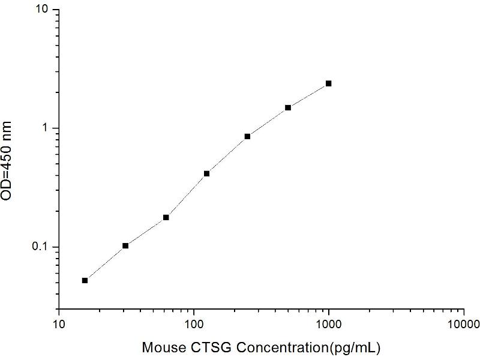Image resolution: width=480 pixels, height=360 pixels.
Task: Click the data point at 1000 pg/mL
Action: coord(329,83)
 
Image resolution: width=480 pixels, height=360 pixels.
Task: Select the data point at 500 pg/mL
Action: coord(288,107)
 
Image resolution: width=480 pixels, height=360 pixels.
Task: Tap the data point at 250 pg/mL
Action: coord(247,136)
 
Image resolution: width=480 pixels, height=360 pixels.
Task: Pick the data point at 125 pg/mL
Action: coord(206,173)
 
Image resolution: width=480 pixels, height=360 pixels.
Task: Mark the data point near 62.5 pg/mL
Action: coord(166,217)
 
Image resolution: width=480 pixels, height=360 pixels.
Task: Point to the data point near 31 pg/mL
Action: coord(125,245)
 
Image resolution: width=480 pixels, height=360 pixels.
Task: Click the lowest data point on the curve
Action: coord(85,280)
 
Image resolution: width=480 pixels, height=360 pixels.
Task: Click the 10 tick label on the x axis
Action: coord(59,325)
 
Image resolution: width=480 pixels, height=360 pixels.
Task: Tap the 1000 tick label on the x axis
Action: coord(329,325)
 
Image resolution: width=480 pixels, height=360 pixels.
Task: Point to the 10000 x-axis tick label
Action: coord(464,325)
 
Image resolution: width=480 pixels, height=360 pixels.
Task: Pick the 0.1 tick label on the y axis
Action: coord(44,247)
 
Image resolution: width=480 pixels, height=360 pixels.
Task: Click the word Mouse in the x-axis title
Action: coord(160,347)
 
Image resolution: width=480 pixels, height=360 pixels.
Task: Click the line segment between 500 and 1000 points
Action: coord(308,95)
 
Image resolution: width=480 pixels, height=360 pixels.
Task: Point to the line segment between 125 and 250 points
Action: coord(227,155)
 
